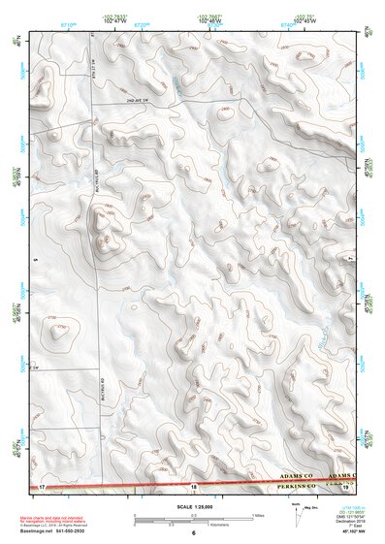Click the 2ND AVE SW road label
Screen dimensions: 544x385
click(139, 101)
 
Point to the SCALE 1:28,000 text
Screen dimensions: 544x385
click(193, 504)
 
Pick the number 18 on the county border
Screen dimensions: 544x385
click(194, 485)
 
